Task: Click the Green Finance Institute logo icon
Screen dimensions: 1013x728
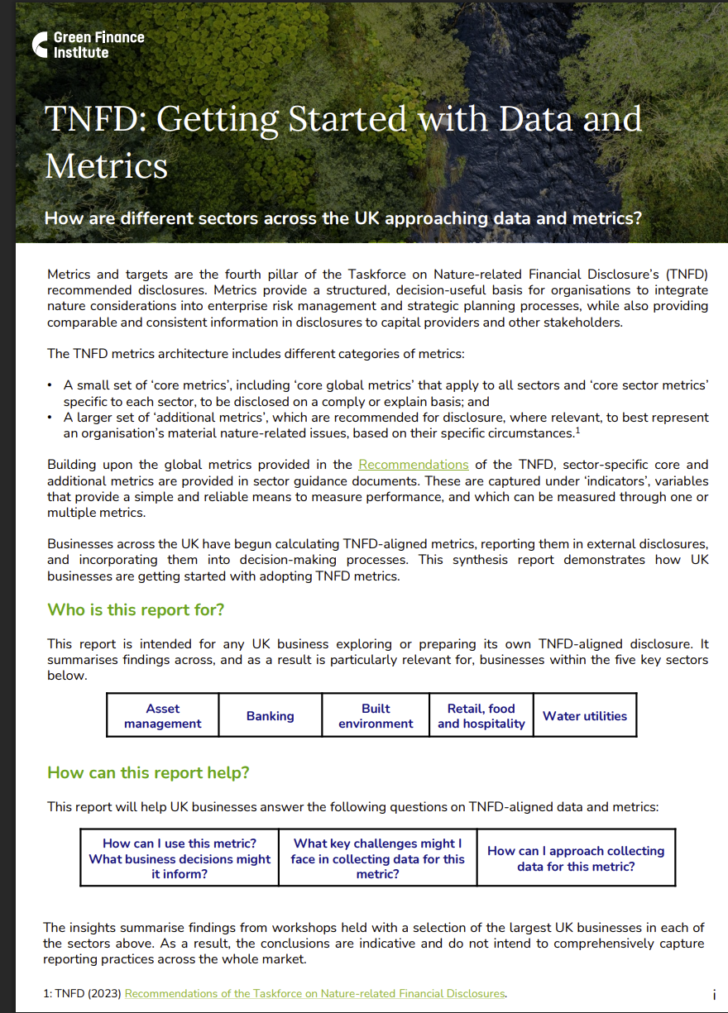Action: coord(40,45)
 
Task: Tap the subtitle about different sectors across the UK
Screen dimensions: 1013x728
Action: coord(343,218)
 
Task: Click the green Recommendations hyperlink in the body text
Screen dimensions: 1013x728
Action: coord(413,465)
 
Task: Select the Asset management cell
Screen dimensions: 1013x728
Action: coord(163,716)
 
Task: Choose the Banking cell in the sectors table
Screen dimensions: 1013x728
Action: coord(270,716)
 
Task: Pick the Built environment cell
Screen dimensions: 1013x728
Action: coord(376,716)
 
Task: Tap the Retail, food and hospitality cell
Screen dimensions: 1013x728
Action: coord(481,716)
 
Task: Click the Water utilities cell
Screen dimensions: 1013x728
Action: coord(585,716)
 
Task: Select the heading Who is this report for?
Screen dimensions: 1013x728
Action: coord(136,610)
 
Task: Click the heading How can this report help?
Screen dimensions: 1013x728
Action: coord(148,773)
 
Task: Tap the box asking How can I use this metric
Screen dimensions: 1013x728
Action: coord(180,858)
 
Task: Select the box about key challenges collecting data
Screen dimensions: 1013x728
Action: coord(378,858)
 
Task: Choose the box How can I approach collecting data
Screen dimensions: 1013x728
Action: coord(576,858)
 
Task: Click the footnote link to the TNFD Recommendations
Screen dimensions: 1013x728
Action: coord(314,994)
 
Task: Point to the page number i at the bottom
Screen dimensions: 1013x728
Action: coord(713,995)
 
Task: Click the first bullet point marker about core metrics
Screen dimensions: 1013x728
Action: coord(50,385)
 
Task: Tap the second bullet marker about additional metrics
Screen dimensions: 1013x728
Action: coord(50,418)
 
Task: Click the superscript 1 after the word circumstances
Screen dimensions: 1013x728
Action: coord(577,431)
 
